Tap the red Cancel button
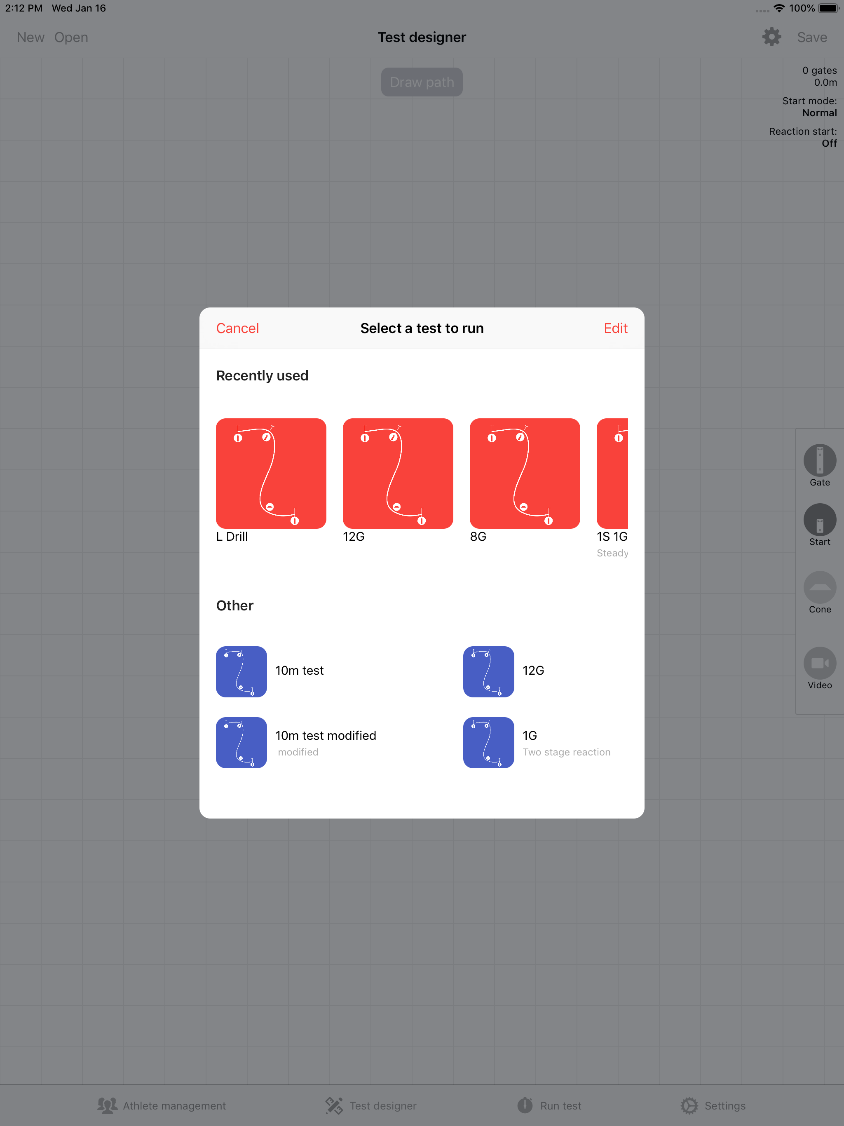(237, 328)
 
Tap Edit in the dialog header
(615, 328)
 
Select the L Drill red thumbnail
(271, 474)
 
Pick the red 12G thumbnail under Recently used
(398, 474)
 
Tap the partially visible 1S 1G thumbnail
(612, 474)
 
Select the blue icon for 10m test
(241, 671)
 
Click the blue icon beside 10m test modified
(241, 743)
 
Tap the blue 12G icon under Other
(489, 671)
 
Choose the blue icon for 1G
(489, 743)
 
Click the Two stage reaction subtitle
(567, 752)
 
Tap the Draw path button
(422, 82)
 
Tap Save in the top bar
(812, 37)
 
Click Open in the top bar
(71, 38)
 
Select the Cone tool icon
(820, 587)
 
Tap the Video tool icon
(820, 663)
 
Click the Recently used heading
(262, 375)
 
